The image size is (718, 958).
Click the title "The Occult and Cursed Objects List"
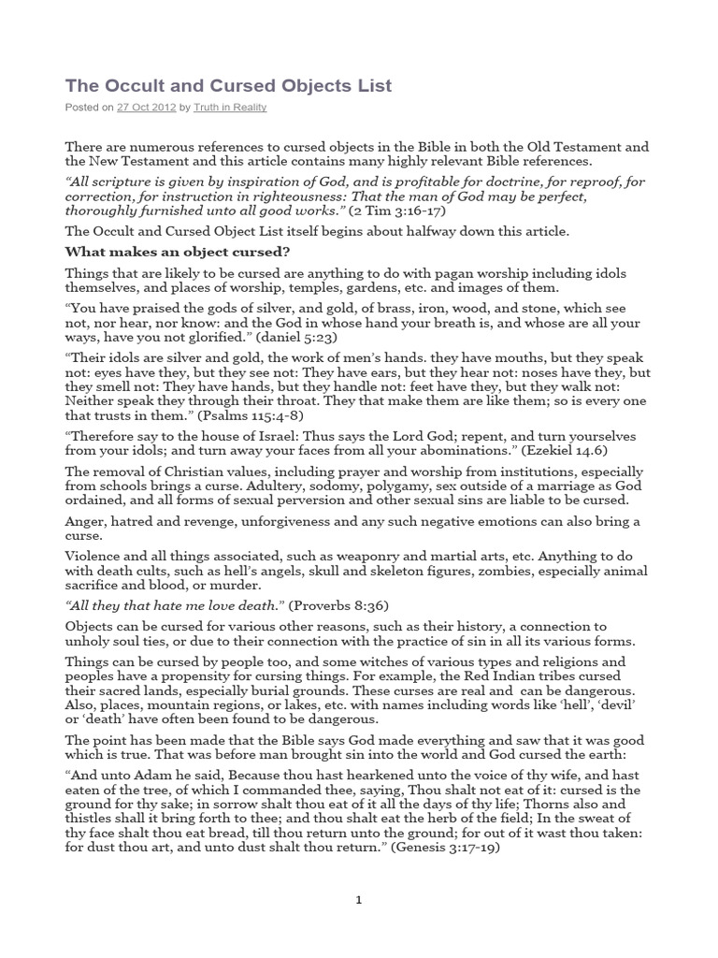click(x=228, y=86)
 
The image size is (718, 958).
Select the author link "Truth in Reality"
click(x=231, y=108)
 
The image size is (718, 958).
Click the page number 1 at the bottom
click(x=358, y=900)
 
